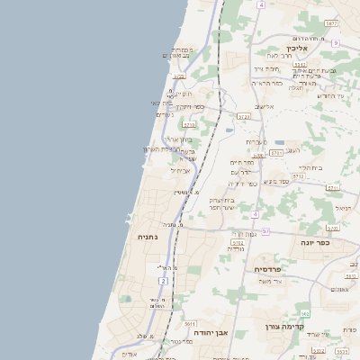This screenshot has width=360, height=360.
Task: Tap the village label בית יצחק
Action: [x=222, y=200]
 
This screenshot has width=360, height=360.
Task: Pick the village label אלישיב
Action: [x=265, y=106]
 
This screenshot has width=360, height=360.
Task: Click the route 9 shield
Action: [x=335, y=43]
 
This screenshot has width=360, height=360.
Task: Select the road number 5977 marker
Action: [x=332, y=23]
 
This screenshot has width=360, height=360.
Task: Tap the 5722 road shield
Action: [x=244, y=116]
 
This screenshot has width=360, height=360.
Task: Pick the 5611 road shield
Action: [x=190, y=322]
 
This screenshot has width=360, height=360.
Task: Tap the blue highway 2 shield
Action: [x=163, y=282]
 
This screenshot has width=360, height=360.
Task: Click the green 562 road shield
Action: [x=305, y=313]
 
